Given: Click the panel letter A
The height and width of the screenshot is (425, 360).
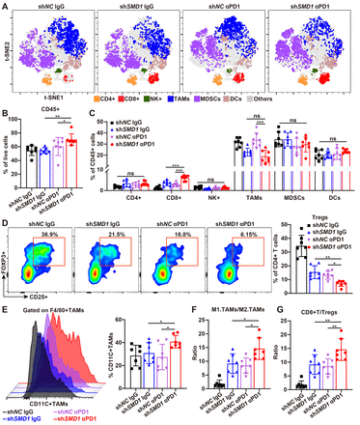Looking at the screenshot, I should [x=5, y=6].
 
